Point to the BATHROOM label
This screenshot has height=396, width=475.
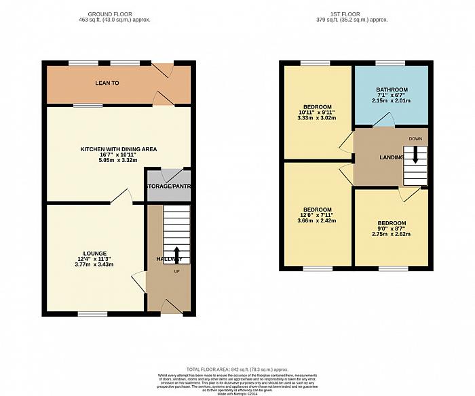(392, 90)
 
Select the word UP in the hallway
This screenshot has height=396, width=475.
(177, 271)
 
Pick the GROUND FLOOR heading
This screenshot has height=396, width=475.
(119, 14)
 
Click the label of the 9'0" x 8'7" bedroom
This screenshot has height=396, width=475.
(392, 223)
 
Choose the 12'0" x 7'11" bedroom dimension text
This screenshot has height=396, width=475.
(317, 215)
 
